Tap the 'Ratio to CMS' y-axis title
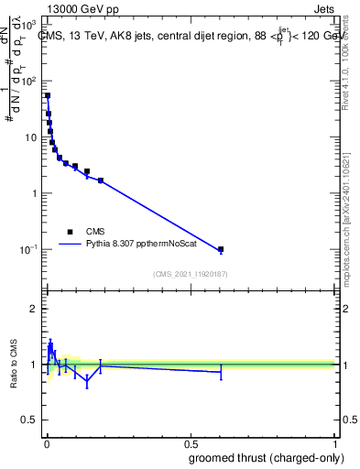tap(14, 364)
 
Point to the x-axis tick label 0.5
tap(191, 441)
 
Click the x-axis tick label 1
tap(336, 441)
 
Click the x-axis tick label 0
tap(46, 441)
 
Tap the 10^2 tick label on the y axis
tap(29, 81)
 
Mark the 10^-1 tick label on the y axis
tap(29, 249)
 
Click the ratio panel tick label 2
tap(34, 309)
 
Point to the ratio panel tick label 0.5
tap(30, 421)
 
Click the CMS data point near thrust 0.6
tap(221, 249)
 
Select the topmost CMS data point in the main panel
tap(48, 95)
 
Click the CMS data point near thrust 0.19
tap(101, 180)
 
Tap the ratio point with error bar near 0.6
tap(221, 371)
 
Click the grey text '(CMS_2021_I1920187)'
tap(190, 273)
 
